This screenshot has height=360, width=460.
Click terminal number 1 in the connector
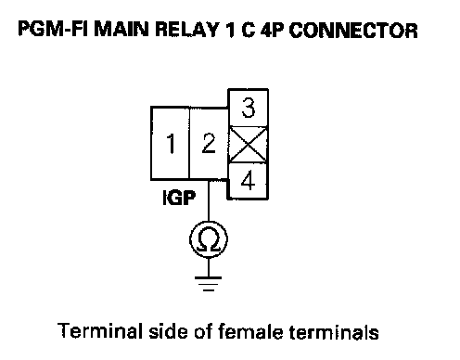[x=170, y=143]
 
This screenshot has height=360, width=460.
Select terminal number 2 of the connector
[x=209, y=143]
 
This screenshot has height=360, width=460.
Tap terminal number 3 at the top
[x=249, y=108]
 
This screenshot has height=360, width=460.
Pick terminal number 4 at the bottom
[x=248, y=181]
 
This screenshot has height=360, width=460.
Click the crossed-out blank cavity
[x=248, y=145]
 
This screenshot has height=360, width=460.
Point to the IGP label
[x=179, y=198]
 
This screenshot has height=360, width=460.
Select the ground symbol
[x=209, y=284]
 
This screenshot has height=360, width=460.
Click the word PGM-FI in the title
[x=54, y=30]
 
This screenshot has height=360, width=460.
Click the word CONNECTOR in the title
[x=353, y=31]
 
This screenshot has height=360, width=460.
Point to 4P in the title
[x=273, y=30]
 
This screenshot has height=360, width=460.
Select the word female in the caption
[x=250, y=330]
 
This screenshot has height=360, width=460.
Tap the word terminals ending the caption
[x=334, y=331]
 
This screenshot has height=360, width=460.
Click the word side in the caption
[x=169, y=331]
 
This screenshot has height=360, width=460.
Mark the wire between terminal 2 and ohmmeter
[x=209, y=200]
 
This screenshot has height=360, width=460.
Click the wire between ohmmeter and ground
[x=209, y=267]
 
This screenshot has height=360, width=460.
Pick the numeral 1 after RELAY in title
[x=229, y=30]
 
